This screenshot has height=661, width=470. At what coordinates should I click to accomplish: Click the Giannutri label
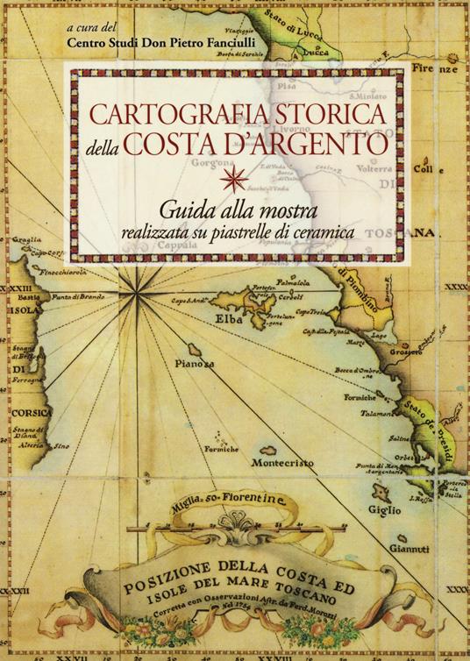click(x=409, y=549)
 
